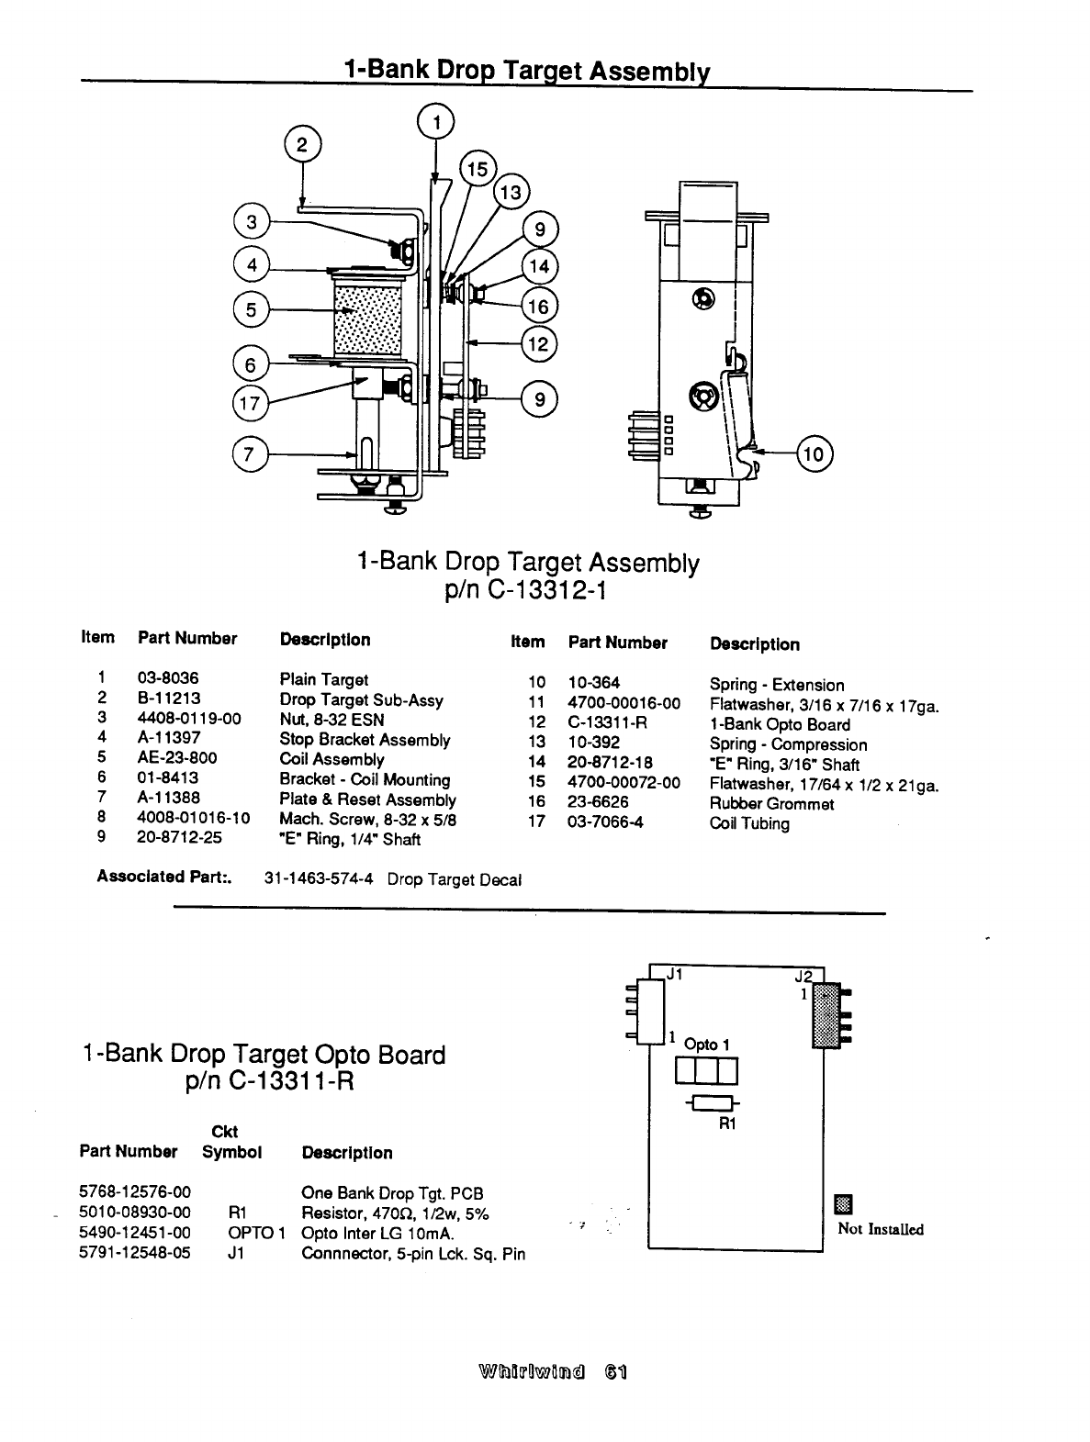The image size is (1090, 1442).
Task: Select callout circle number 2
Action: click(302, 145)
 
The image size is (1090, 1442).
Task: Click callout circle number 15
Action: click(478, 170)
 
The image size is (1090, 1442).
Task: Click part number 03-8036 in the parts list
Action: click(168, 679)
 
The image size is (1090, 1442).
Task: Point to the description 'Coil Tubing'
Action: click(749, 823)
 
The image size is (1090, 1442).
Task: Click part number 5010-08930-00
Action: click(135, 1213)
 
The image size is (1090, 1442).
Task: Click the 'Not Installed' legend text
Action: click(880, 1229)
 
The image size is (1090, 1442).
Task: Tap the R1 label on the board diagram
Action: click(726, 1123)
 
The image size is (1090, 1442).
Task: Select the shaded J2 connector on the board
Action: click(824, 1014)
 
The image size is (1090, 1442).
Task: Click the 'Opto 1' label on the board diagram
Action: click(706, 1045)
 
